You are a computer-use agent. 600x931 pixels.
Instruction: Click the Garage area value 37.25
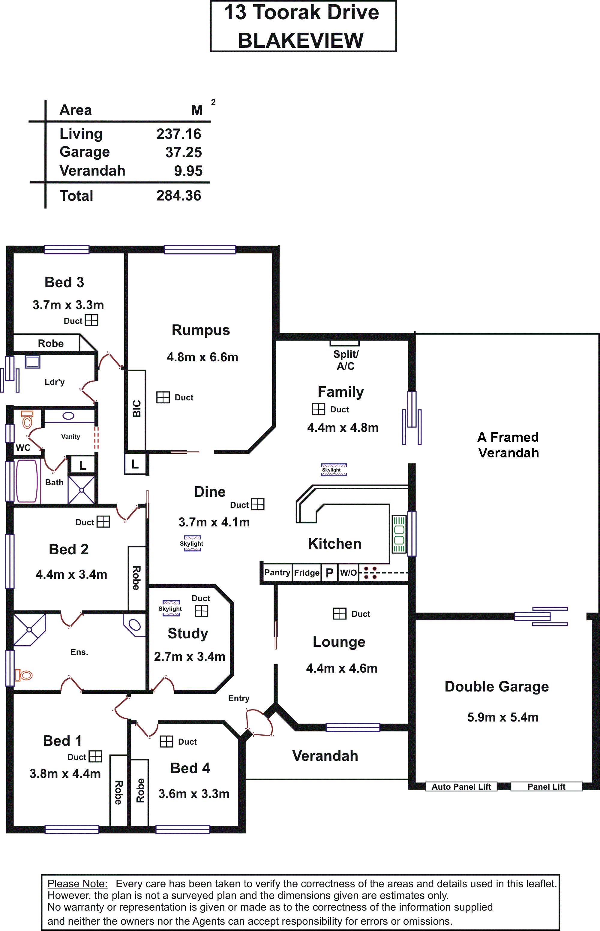(184, 152)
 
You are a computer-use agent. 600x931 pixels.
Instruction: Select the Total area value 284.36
(179, 196)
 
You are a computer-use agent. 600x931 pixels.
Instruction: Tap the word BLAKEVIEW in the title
(301, 40)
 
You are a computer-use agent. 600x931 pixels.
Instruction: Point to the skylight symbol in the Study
(171, 608)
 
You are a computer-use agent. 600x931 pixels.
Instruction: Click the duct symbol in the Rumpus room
(163, 397)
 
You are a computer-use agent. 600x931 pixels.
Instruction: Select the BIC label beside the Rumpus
(136, 408)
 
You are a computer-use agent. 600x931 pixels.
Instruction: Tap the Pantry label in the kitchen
(277, 572)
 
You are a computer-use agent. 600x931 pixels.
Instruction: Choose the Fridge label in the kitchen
(307, 572)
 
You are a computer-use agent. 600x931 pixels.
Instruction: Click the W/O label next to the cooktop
(348, 572)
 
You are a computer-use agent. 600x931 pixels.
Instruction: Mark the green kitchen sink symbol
(399, 535)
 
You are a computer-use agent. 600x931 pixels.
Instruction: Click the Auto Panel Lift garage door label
(461, 786)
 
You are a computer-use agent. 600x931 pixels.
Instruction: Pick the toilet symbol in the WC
(27, 419)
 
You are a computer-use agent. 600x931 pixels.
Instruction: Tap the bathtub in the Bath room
(26, 481)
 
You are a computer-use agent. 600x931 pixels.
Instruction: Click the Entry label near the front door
(239, 698)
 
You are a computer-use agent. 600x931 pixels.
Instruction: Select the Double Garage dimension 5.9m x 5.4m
(502, 717)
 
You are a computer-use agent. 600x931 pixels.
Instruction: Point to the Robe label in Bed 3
(51, 343)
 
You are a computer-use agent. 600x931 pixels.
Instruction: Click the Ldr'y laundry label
(55, 381)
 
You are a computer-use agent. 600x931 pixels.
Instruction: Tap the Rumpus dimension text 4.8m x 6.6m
(202, 357)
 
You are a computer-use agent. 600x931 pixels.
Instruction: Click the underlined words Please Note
(77, 884)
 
